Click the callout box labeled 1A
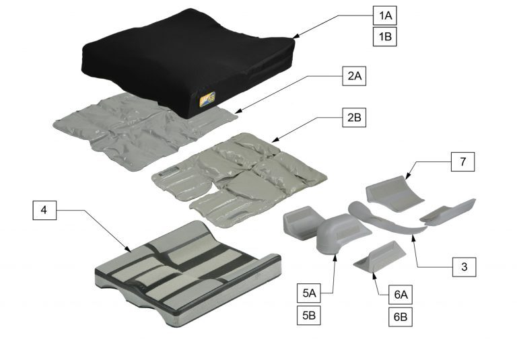coord(385,15)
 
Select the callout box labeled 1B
coord(385,36)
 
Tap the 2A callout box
coord(354,76)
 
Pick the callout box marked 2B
coord(354,117)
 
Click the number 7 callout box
coord(463,162)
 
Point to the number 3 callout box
coord(464,266)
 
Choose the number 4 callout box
coord(44,210)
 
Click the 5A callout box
coord(309,293)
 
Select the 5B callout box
coord(309,316)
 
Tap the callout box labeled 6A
coord(401,295)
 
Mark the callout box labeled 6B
coord(401,317)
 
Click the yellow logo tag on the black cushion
coord(208,99)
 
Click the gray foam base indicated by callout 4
coord(188,274)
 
